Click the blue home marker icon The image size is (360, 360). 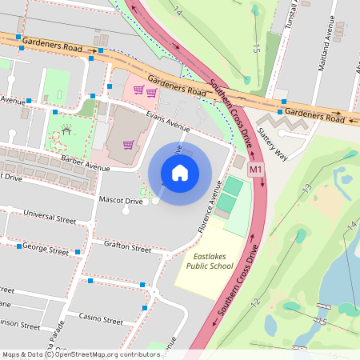(180, 173)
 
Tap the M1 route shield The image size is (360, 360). (256, 170)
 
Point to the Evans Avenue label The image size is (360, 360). (167, 122)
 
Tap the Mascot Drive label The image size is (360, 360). (121, 201)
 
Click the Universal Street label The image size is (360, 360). (50, 217)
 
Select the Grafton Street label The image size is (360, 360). (126, 248)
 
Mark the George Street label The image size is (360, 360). (45, 250)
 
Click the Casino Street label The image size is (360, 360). (101, 318)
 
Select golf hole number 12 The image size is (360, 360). (255, 302)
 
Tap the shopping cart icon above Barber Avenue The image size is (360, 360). (128, 145)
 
